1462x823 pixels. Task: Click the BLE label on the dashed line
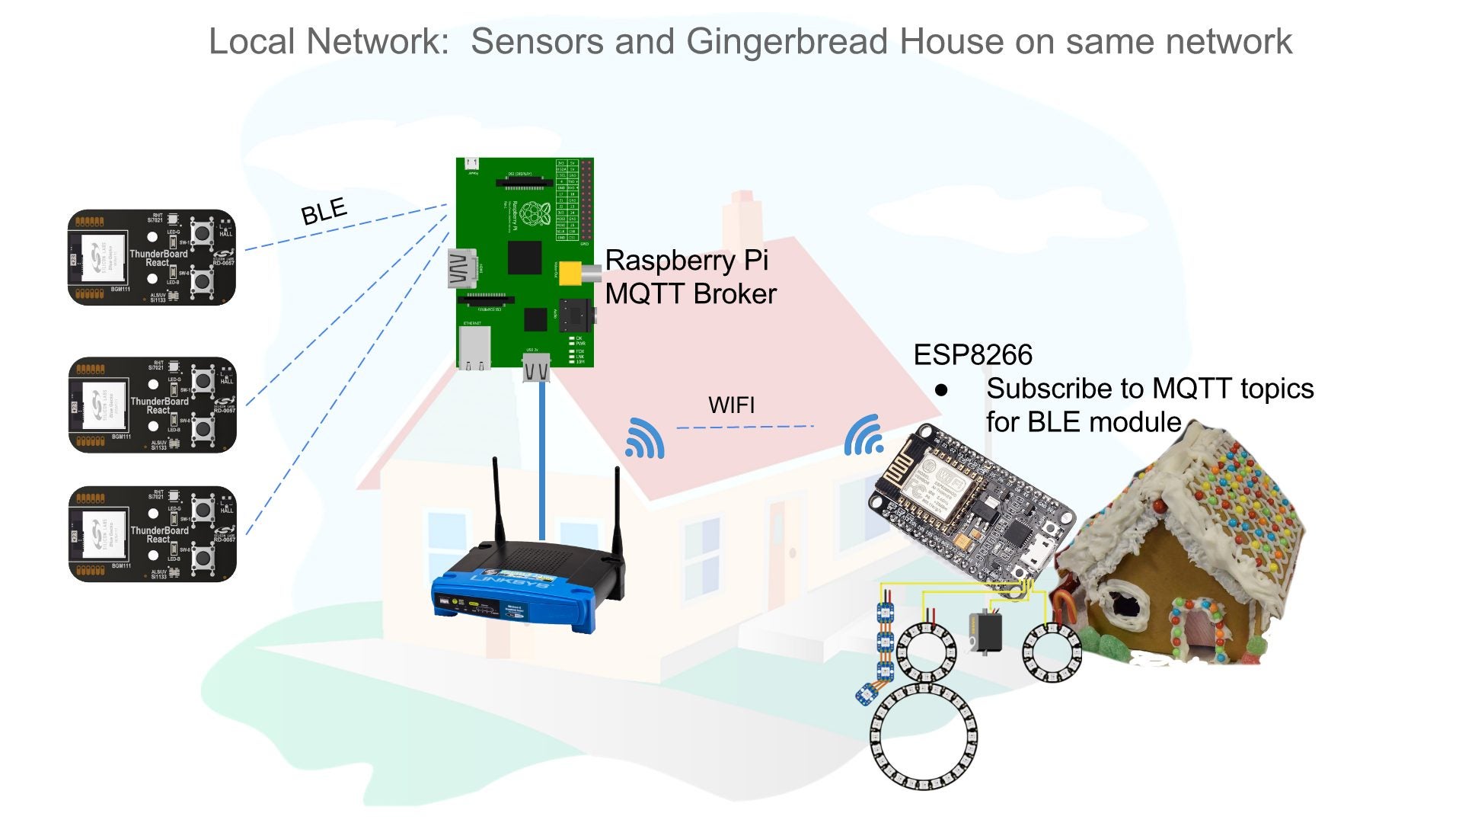[324, 211]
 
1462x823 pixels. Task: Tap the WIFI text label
[731, 405]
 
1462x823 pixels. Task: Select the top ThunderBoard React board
[152, 258]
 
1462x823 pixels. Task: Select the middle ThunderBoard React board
[152, 405]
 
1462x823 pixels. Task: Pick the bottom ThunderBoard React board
[152, 533]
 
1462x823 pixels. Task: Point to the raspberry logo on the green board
[535, 214]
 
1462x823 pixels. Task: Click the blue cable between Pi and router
[542, 457]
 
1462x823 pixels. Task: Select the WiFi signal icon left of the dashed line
[644, 439]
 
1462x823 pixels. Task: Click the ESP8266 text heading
[972, 355]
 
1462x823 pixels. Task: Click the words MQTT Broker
[691, 294]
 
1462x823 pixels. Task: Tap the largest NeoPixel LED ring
[923, 736]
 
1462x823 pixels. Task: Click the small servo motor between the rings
[985, 632]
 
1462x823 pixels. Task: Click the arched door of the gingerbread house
[1198, 632]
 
